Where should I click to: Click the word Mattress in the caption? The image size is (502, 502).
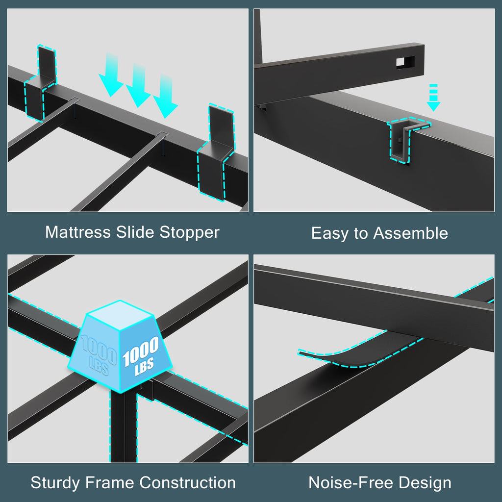pyautogui.click(x=78, y=232)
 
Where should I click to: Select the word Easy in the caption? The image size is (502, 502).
pyautogui.click(x=330, y=234)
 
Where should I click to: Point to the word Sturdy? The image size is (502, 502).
pyautogui.click(x=55, y=483)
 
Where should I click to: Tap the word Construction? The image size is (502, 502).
pyautogui.click(x=187, y=482)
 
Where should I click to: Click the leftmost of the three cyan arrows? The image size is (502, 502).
pyautogui.click(x=111, y=75)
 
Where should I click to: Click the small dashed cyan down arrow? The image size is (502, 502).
pyautogui.click(x=433, y=98)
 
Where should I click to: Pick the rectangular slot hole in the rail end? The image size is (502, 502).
pyautogui.click(x=405, y=62)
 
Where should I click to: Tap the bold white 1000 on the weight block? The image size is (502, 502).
pyautogui.click(x=140, y=351)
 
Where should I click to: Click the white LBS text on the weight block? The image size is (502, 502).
pyautogui.click(x=144, y=367)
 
